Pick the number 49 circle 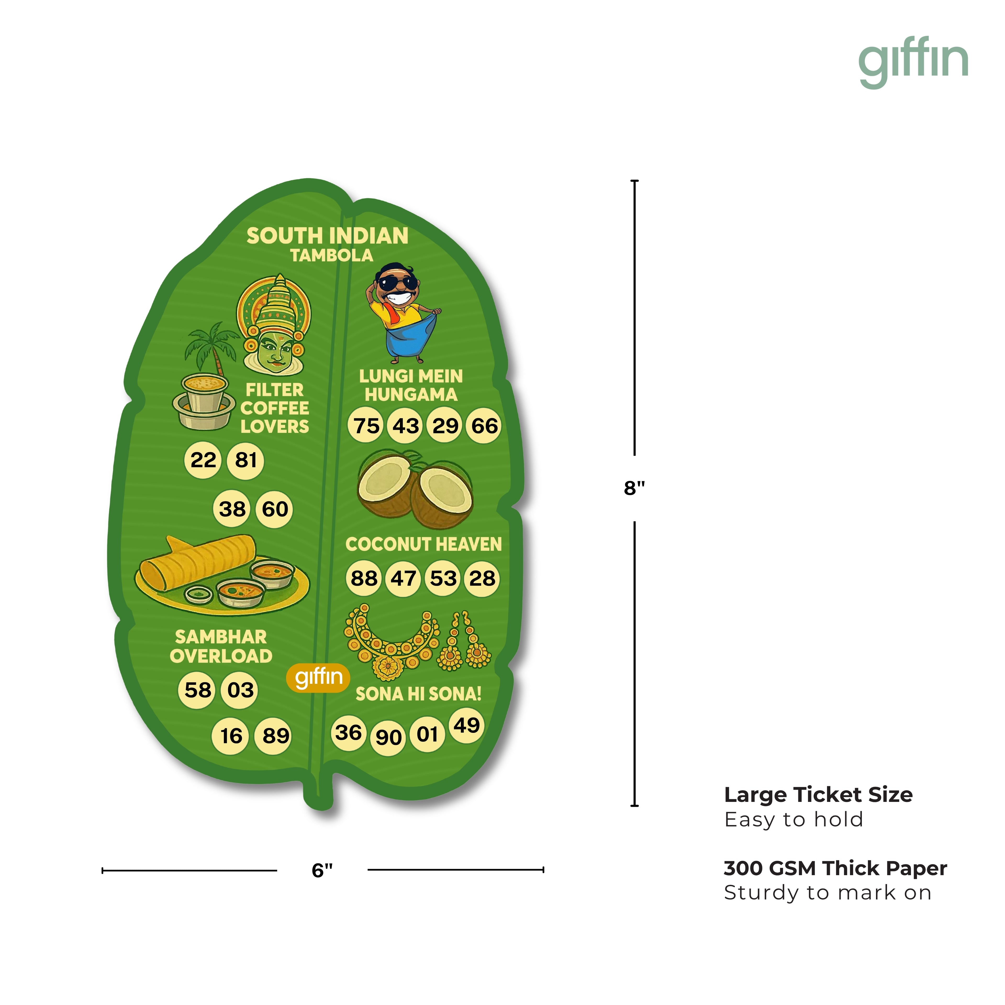[467, 725]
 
